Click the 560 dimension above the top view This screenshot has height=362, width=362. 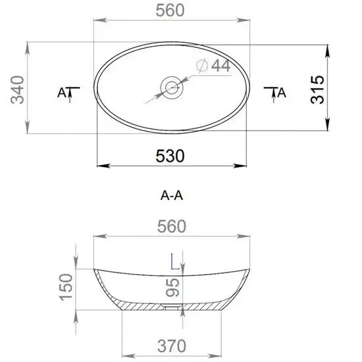[170, 11]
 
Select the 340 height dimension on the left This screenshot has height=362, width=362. [18, 90]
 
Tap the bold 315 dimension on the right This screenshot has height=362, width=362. [317, 90]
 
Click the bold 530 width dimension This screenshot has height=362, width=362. [170, 156]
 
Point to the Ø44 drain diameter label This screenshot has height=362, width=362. [213, 66]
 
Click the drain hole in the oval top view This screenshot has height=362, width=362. [172, 88]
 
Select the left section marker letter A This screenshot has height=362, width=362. [61, 93]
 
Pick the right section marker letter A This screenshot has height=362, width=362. [282, 93]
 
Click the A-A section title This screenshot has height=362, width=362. [172, 196]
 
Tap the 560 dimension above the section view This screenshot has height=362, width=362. [172, 226]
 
